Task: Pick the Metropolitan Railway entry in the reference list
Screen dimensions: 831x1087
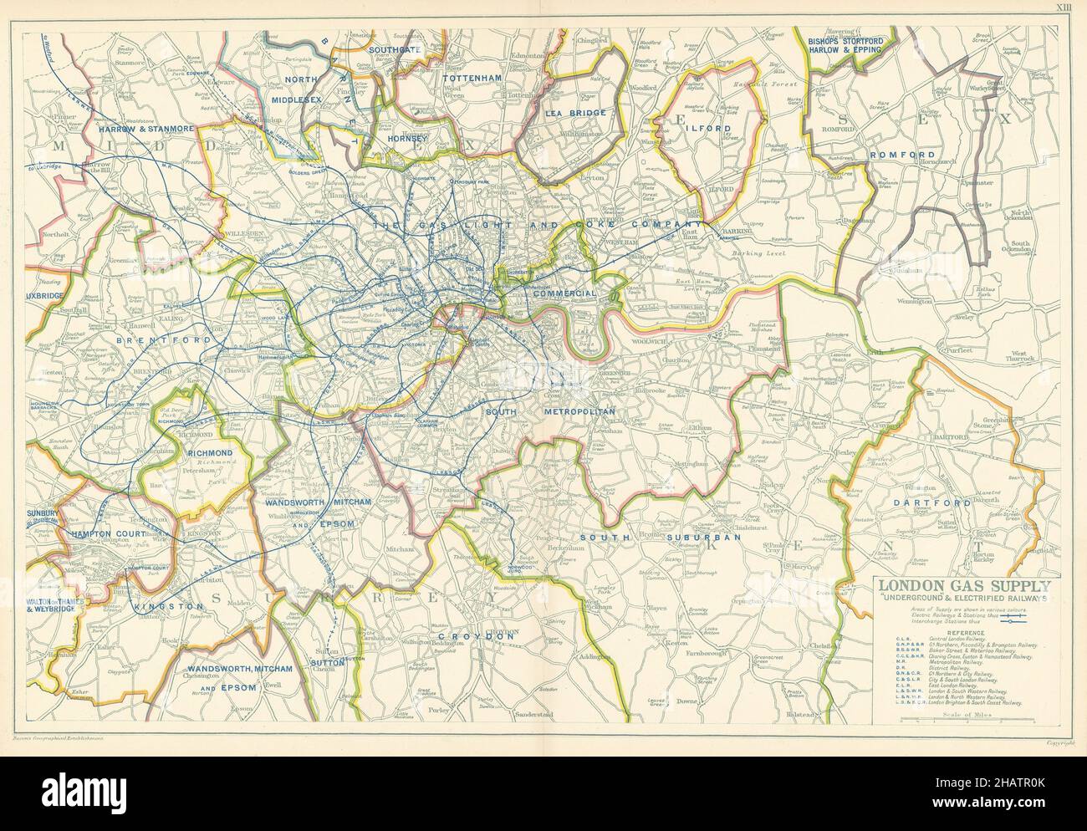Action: (962, 665)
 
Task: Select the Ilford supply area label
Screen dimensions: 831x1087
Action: (711, 129)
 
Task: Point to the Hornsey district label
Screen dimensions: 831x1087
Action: (406, 138)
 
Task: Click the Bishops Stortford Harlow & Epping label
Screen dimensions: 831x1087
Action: (847, 43)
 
